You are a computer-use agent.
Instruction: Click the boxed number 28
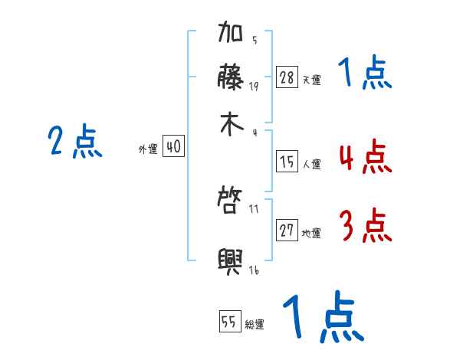point(287,77)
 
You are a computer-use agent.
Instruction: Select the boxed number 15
point(287,162)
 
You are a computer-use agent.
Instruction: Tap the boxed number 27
point(287,231)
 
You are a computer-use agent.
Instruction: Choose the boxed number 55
point(229,322)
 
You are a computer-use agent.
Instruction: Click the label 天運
point(311,80)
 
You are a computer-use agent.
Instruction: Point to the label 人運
point(311,164)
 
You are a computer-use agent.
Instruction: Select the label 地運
point(311,234)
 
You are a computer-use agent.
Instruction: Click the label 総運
point(255,325)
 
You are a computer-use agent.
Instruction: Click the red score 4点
point(364,157)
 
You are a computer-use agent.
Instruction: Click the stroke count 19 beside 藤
point(254,86)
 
